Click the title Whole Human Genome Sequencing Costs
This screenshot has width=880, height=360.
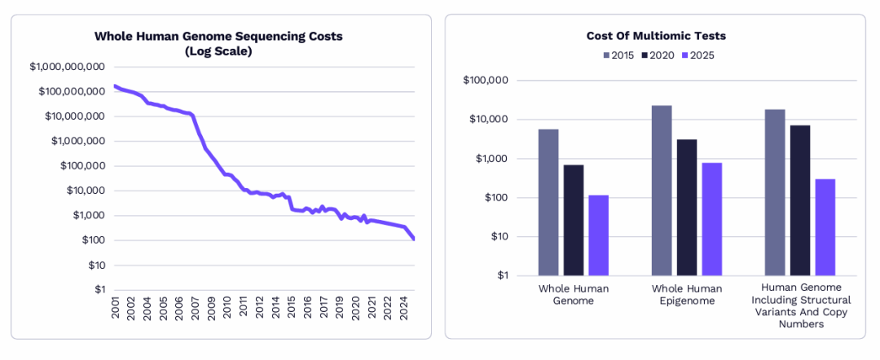tap(218, 37)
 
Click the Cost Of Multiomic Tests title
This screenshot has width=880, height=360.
tap(656, 36)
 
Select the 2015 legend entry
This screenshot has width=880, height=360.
tap(618, 55)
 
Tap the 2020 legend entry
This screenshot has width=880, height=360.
tap(660, 55)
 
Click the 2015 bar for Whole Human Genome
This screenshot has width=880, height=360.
tap(548, 203)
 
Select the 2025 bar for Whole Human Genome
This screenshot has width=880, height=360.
tap(598, 235)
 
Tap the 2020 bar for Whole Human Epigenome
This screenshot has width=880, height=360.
tap(686, 208)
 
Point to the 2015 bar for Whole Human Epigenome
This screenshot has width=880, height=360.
tap(661, 191)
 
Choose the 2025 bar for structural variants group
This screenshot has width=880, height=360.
tap(825, 227)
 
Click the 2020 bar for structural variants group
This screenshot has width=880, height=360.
tap(800, 200)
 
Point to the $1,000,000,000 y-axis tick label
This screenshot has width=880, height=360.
tap(68, 67)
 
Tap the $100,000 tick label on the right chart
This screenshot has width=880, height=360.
tap(486, 80)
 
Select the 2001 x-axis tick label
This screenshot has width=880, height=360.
tap(116, 308)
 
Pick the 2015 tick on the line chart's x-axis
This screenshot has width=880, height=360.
tap(291, 308)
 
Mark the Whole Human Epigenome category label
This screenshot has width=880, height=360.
tap(687, 294)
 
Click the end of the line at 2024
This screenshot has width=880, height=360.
tap(414, 239)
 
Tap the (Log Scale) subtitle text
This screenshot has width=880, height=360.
tap(218, 52)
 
